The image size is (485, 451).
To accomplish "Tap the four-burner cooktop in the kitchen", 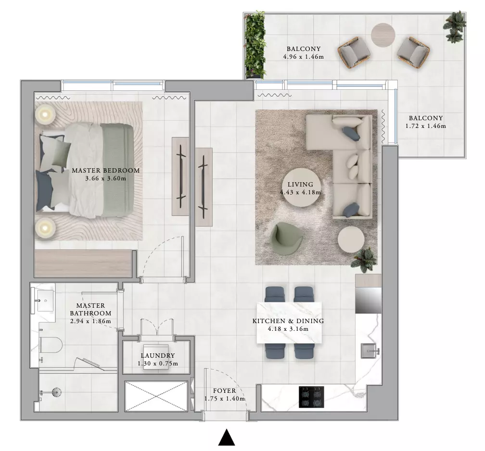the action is pos(311,397).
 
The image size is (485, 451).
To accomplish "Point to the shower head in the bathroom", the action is pos(56,392).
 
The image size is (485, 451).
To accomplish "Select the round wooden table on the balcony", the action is pos(383,35).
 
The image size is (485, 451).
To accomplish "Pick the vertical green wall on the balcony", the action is pos(255,46).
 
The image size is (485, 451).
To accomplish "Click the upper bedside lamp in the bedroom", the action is pos(45,114).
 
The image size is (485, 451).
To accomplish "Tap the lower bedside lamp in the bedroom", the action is pos(45,228).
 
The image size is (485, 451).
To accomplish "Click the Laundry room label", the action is pos(158,355).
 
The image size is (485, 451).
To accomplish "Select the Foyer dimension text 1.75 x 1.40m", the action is pos(225,399).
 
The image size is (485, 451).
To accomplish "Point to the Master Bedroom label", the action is pos(106,170).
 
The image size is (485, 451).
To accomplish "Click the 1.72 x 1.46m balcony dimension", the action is pos(426,126).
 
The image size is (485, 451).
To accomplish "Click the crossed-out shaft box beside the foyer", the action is pos(156,396).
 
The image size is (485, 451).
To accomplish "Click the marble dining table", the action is pos(289,323).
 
